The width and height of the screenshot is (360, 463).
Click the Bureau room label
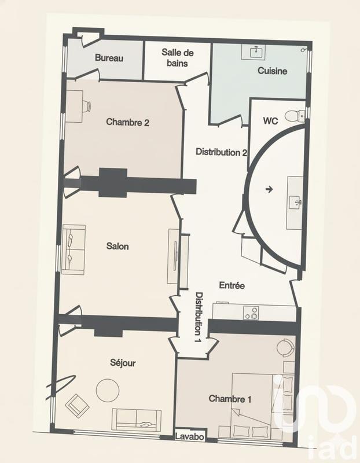tap(109, 58)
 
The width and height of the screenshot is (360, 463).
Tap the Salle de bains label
tap(177, 58)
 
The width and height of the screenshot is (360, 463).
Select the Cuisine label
tap(272, 71)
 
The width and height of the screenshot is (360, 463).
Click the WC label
tap(270, 121)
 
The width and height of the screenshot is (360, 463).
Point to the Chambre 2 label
tap(128, 122)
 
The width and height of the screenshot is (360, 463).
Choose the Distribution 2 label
tap(222, 152)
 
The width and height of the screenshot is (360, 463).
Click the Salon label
tap(117, 246)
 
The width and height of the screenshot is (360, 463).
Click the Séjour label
tap(122, 363)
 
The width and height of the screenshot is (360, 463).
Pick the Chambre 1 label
tap(230, 399)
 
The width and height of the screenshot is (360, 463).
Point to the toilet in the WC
tap(297, 113)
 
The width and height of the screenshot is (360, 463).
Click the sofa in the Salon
tap(74, 249)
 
